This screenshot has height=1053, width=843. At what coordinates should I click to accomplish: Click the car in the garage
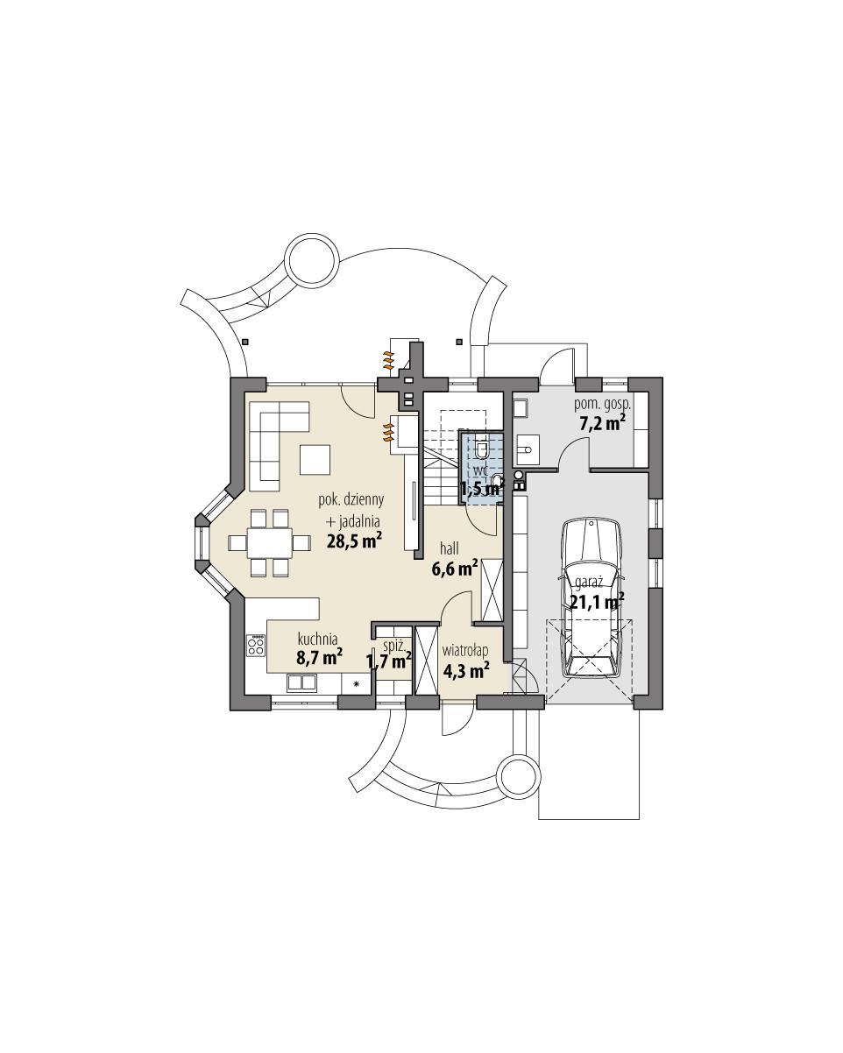pos(594,597)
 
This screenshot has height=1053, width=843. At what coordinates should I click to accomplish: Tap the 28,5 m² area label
pos(353,541)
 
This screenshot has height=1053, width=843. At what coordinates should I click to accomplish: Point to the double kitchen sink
pos(302,682)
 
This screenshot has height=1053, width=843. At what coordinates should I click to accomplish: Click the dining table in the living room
pos(269,543)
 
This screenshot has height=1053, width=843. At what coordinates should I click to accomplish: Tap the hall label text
pos(450,549)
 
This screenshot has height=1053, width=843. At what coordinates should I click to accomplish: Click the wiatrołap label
pos(465,651)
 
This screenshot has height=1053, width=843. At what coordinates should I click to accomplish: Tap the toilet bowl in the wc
pos(497,481)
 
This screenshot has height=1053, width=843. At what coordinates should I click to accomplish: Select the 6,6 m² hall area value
pos(454,569)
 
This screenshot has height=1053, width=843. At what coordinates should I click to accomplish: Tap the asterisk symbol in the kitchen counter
pos(357,683)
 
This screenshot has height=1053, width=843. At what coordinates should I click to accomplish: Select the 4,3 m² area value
pos(465,671)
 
